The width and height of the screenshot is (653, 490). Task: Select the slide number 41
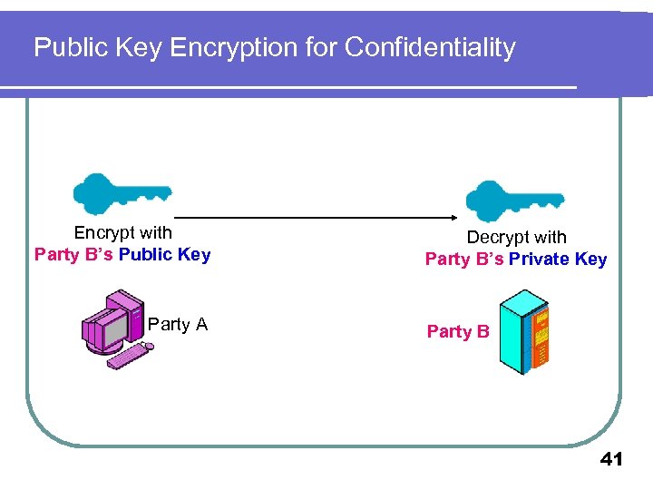pos(611,460)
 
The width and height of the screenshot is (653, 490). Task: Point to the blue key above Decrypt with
pos(512,201)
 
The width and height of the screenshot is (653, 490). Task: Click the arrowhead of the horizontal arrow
pos(453,218)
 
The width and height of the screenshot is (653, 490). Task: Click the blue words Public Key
pos(164,255)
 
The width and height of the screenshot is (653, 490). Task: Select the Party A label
pos(178,325)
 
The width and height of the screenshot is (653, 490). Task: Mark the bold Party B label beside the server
pos(458,332)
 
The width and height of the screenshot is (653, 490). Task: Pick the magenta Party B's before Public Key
pos(73,255)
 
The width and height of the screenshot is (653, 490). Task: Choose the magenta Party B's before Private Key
pos(464,260)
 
